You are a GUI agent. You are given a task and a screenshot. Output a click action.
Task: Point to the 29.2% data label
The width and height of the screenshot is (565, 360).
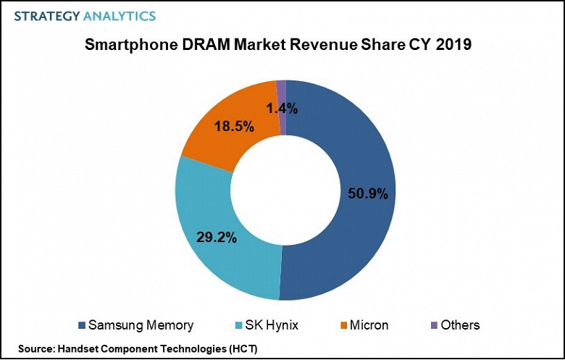click(x=217, y=236)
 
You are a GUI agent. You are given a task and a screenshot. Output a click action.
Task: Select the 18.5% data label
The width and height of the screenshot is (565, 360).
click(x=235, y=127)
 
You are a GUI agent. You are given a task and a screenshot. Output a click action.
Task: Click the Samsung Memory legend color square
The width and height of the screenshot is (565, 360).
click(x=81, y=325)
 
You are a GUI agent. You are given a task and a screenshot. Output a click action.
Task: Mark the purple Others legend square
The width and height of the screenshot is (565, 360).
click(x=434, y=325)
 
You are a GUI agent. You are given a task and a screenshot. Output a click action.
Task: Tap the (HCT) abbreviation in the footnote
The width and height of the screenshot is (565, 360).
click(x=242, y=349)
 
